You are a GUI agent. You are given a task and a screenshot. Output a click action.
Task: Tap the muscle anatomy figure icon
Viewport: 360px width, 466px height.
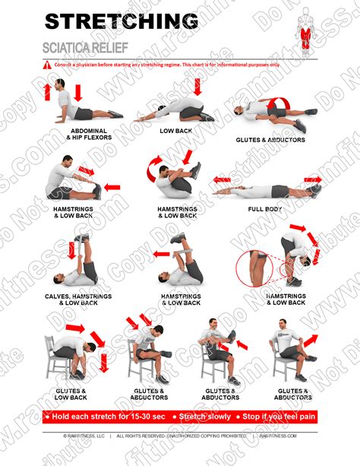[305, 30]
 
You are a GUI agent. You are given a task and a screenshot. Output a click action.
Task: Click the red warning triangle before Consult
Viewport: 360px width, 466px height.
[46, 66]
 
